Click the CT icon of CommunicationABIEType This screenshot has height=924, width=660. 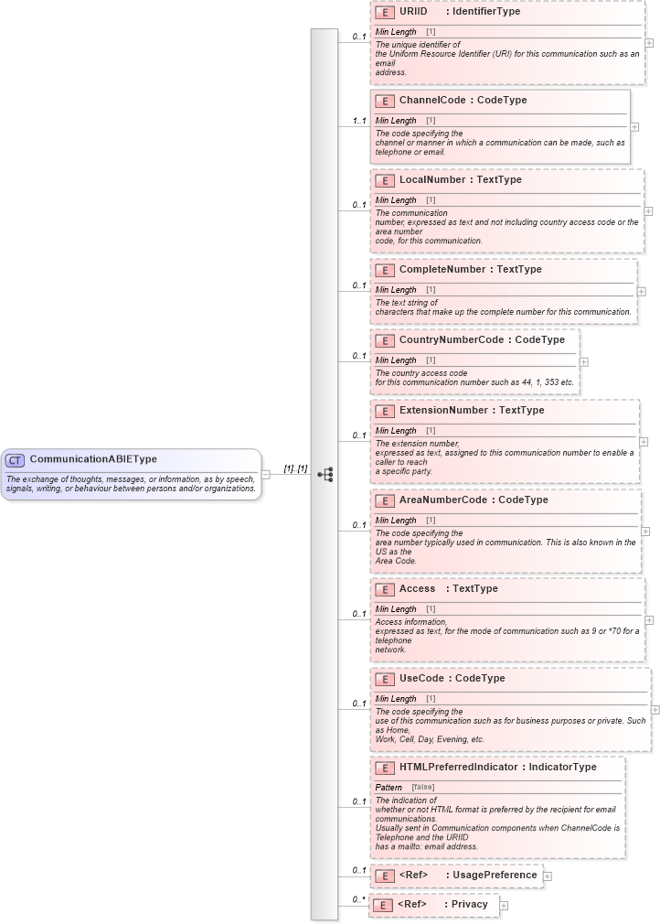click(15, 459)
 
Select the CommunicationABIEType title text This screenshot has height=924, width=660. click(93, 459)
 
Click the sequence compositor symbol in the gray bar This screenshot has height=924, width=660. click(325, 474)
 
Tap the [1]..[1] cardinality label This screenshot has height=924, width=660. click(294, 468)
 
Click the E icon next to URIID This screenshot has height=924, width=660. click(385, 13)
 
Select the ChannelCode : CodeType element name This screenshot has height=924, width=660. click(463, 101)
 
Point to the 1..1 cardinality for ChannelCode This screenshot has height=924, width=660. click(359, 121)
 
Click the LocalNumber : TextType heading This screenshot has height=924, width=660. click(460, 180)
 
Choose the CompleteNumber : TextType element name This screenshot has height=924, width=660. click(470, 270)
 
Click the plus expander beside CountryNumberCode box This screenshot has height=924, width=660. click(584, 362)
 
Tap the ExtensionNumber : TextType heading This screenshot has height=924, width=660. click(471, 411)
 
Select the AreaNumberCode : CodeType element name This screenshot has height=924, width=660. click(474, 500)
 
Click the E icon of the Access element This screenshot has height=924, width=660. click(385, 589)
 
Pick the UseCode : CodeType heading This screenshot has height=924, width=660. click(452, 679)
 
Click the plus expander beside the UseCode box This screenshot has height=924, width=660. click(655, 709)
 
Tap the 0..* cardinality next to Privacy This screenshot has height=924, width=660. click(359, 900)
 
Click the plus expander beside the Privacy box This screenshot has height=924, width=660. click(504, 906)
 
